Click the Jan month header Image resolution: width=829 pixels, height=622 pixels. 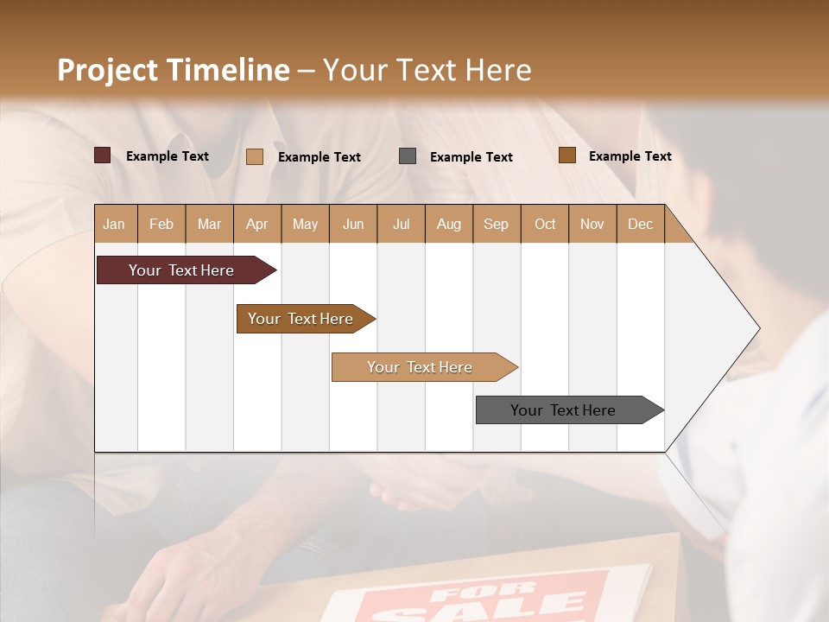(x=115, y=224)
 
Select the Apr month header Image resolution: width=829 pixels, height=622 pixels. (x=257, y=224)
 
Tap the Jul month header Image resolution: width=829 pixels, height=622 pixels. (x=401, y=224)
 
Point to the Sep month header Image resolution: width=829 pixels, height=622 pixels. (x=497, y=224)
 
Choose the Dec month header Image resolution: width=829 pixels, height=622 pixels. (x=640, y=224)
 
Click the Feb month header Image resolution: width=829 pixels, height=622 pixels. (x=161, y=224)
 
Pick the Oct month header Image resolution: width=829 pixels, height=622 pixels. (x=545, y=224)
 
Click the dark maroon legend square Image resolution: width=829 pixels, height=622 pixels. (x=102, y=155)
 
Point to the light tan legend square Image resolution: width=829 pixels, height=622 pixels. (x=255, y=156)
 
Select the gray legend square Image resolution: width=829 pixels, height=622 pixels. (x=408, y=156)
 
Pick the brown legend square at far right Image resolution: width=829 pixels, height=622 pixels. (x=567, y=155)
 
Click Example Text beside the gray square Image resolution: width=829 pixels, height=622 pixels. (x=471, y=157)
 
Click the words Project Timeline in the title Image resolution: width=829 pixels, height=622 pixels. (x=174, y=70)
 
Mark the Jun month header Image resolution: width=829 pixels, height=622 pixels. (x=353, y=224)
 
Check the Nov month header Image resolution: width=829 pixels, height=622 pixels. (x=592, y=224)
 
